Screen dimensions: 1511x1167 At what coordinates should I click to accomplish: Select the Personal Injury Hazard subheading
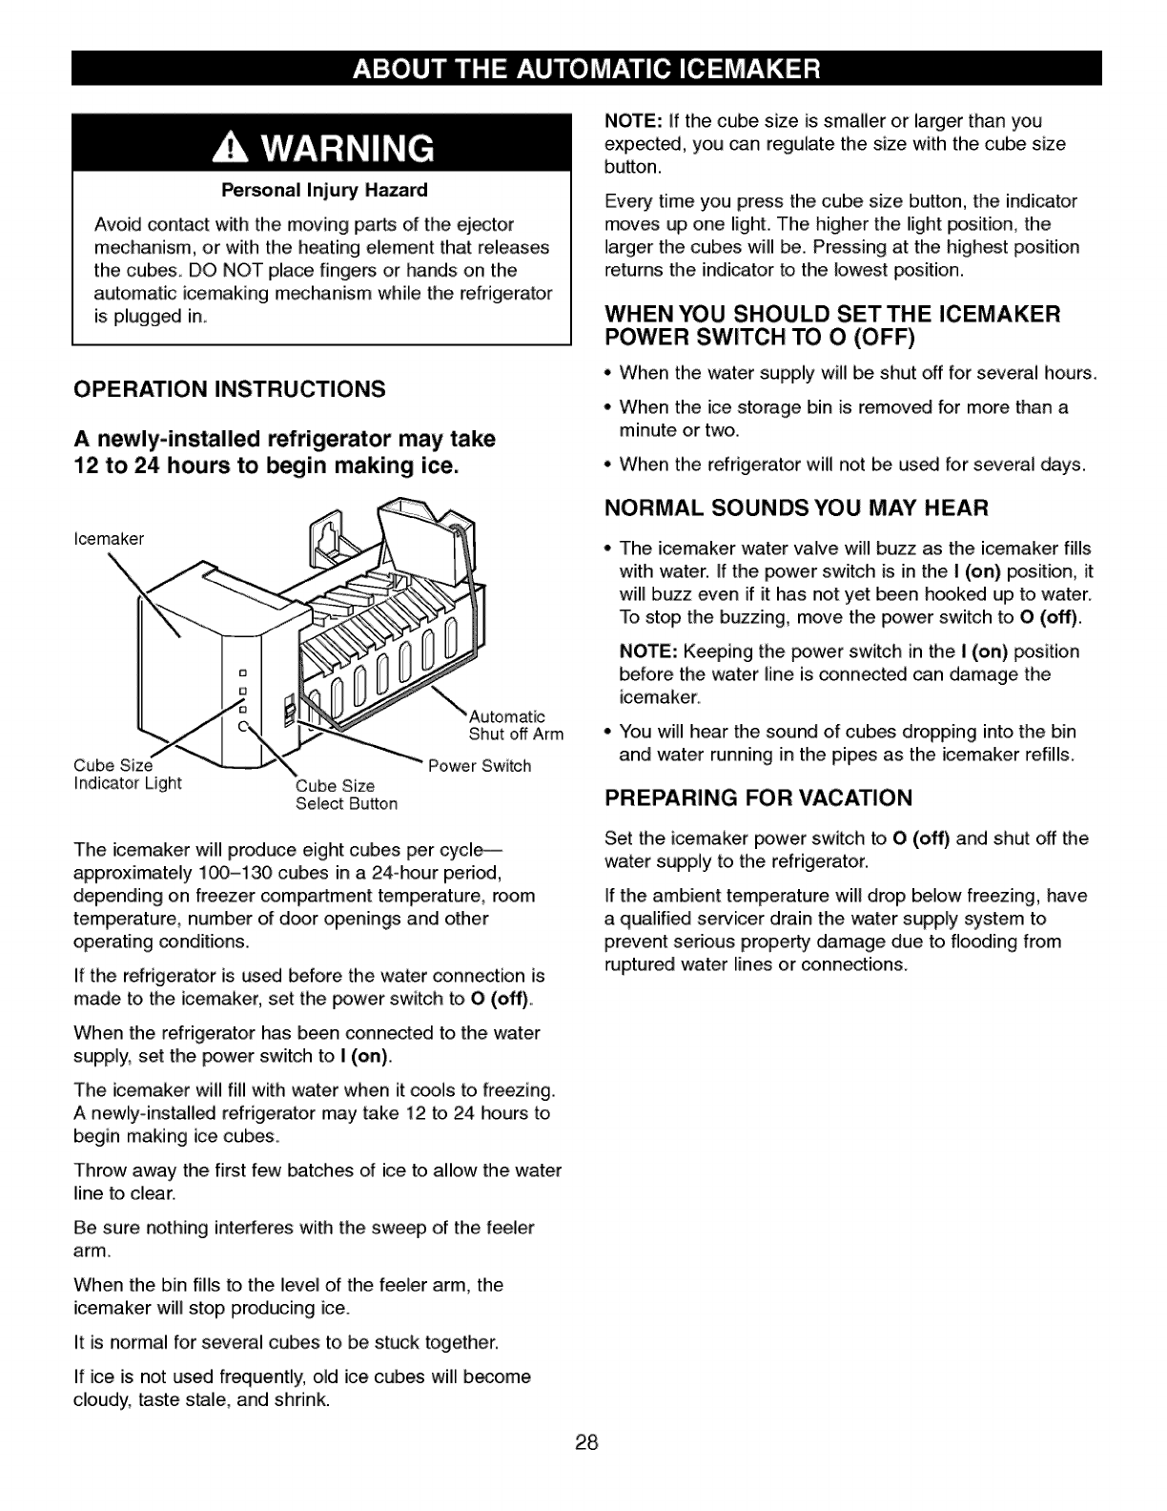click(324, 190)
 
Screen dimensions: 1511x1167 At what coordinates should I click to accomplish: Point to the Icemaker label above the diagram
click(109, 539)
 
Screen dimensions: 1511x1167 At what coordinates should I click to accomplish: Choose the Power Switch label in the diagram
click(480, 766)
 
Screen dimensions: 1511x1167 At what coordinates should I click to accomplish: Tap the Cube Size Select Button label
click(346, 795)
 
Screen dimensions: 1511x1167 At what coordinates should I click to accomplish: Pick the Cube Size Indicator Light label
click(127, 775)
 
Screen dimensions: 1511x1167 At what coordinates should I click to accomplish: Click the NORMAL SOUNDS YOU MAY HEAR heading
click(796, 507)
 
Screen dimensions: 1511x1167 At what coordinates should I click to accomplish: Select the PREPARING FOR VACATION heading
click(759, 797)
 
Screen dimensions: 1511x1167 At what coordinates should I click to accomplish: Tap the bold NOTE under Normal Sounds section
click(647, 652)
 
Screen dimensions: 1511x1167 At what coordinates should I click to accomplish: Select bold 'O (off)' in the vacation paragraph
click(921, 838)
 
